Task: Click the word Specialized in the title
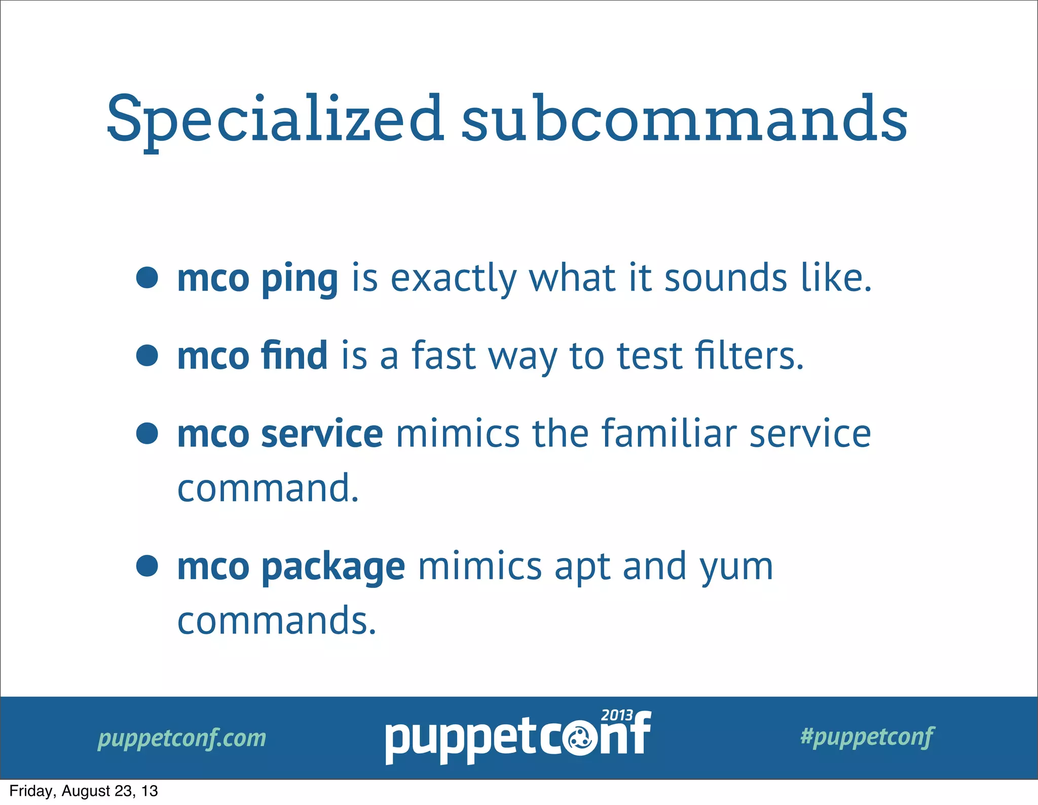click(275, 120)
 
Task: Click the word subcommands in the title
click(684, 120)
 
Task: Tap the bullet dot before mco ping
click(147, 277)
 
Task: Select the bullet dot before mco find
click(147, 355)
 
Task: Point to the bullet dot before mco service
click(147, 433)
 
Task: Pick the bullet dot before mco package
click(147, 566)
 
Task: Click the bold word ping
click(299, 280)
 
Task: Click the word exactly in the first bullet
click(454, 280)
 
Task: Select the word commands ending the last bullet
click(277, 621)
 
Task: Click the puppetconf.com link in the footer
click(182, 738)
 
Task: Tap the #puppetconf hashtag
click(867, 737)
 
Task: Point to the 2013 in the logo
click(617, 715)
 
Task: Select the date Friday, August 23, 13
click(84, 791)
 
